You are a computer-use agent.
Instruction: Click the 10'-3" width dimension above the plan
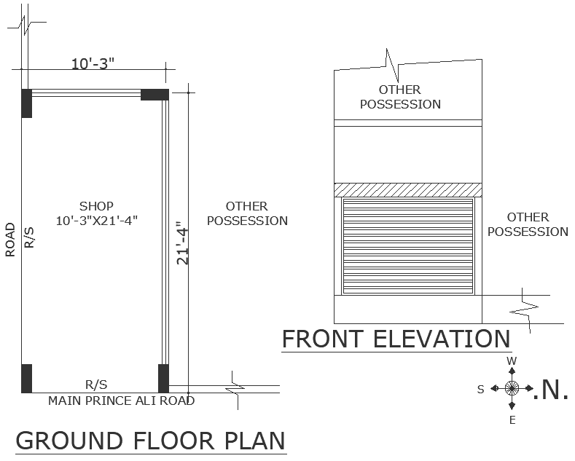click(x=93, y=64)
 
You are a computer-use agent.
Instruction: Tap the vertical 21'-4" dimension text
click(x=182, y=246)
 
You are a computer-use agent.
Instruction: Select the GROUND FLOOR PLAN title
click(x=150, y=441)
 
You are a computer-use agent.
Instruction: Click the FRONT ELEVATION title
click(x=396, y=339)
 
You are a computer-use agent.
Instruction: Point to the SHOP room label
click(x=97, y=206)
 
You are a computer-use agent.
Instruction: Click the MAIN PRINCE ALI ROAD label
click(x=121, y=401)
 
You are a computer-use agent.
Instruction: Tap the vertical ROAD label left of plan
click(x=10, y=240)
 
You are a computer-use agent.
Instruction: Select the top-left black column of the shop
click(x=27, y=103)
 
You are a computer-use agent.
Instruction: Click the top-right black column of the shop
click(x=154, y=95)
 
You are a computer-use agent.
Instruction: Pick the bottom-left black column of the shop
click(x=27, y=377)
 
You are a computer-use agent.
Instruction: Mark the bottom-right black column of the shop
click(x=163, y=377)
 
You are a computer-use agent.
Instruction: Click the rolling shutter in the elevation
click(x=408, y=245)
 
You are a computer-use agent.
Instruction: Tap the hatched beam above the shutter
click(x=408, y=189)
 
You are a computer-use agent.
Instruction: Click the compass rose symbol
click(x=512, y=388)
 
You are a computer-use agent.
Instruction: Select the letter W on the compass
click(x=512, y=361)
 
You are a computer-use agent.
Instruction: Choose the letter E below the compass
click(x=512, y=420)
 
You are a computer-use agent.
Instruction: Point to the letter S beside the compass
click(x=480, y=390)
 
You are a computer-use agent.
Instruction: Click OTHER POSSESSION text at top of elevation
click(x=400, y=97)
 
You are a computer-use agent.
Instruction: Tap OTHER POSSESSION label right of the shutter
click(x=528, y=224)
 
